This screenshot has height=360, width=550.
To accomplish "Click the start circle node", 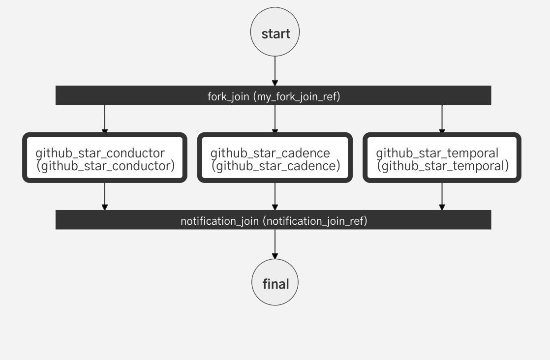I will click(275, 33).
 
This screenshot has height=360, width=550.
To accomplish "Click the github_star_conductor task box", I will click(105, 158).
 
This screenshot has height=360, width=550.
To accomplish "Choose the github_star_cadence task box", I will click(275, 158).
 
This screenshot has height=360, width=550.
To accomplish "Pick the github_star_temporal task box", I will click(442, 158).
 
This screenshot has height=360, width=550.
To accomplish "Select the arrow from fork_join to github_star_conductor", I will click(104, 119).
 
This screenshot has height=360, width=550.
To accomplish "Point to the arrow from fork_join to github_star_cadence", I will click(275, 119).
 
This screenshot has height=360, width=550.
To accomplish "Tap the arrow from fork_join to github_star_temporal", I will click(442, 119).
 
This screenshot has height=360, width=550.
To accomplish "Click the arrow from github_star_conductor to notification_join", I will click(104, 196).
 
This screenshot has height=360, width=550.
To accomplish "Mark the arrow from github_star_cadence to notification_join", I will click(275, 196).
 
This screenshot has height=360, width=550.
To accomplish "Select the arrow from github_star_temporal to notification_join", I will click(442, 196).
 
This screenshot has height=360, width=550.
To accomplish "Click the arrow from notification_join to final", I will click(275, 244).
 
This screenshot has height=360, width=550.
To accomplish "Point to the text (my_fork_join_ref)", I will click(296, 96).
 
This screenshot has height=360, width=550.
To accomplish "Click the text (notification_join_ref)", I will click(315, 221).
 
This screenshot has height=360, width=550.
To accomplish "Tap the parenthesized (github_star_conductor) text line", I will click(106, 166).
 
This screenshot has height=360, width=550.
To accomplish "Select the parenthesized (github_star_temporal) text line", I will click(443, 166).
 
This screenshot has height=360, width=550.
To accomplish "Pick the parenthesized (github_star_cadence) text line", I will click(276, 166).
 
